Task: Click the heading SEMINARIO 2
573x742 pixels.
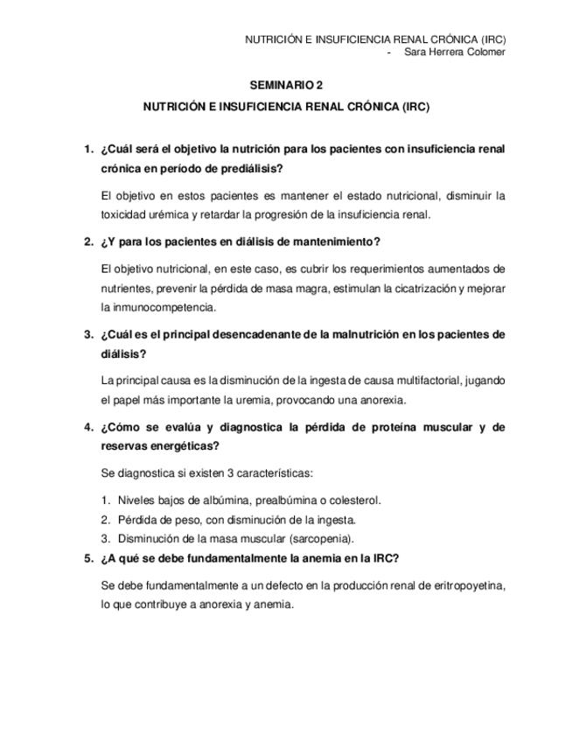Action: click(286, 86)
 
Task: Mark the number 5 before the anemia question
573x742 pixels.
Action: click(87, 559)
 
